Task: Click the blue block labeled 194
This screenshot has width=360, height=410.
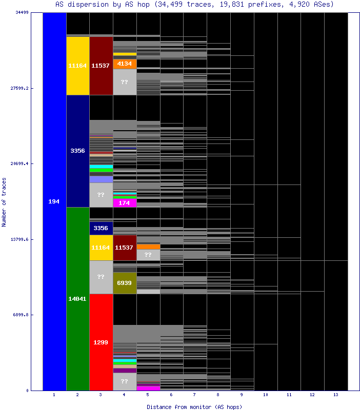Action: pyautogui.click(x=54, y=201)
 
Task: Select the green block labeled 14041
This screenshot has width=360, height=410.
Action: pyautogui.click(x=78, y=298)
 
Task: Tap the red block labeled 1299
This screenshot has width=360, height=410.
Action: pyautogui.click(x=101, y=342)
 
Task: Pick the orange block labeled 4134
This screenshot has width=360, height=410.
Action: pyautogui.click(x=125, y=64)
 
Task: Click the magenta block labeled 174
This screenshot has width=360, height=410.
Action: pyautogui.click(x=125, y=203)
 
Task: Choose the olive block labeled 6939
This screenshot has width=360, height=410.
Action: pyautogui.click(x=125, y=283)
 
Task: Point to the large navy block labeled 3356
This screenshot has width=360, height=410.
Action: pyautogui.click(x=78, y=151)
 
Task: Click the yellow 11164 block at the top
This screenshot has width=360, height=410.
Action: pyautogui.click(x=78, y=66)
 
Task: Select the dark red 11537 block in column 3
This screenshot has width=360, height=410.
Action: pyautogui.click(x=101, y=66)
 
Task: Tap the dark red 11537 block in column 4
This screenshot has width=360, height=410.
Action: pyautogui.click(x=125, y=248)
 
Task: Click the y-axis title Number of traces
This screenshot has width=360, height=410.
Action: pyautogui.click(x=4, y=202)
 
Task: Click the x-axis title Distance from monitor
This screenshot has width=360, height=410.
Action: pyautogui.click(x=194, y=406)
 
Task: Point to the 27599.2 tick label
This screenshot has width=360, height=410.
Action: pyautogui.click(x=19, y=88)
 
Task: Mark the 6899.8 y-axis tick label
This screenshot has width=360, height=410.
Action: pyautogui.click(x=21, y=315)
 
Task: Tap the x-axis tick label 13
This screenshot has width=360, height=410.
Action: pyautogui.click(x=336, y=395)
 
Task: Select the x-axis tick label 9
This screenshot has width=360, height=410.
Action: pyautogui.click(x=242, y=395)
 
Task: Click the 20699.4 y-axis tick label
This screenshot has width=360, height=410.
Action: pyautogui.click(x=19, y=163)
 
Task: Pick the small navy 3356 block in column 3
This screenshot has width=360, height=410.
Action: pyautogui.click(x=101, y=228)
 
